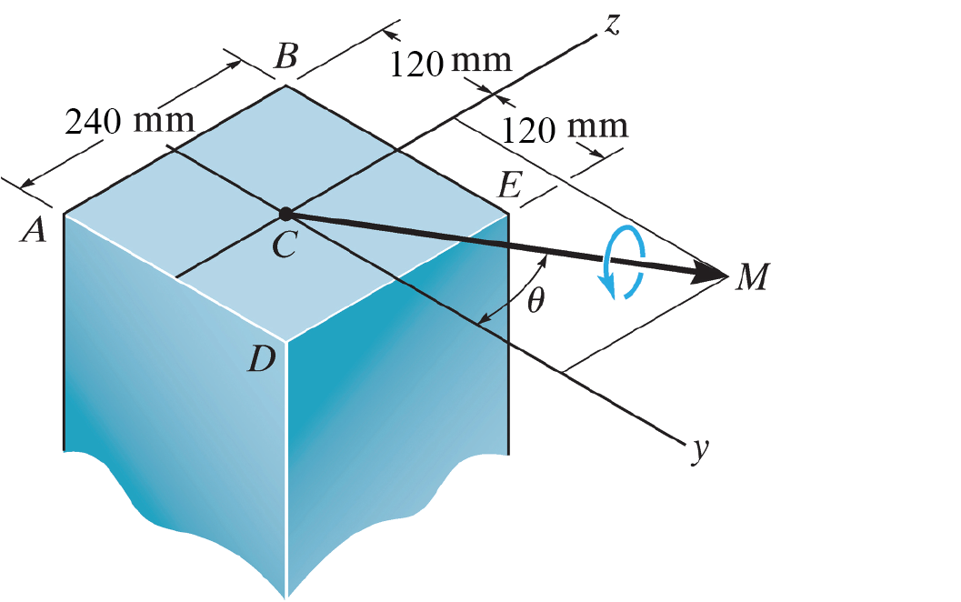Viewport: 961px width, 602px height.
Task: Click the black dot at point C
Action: point(285,214)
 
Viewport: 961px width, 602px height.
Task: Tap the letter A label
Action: point(35,233)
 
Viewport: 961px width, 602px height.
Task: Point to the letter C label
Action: point(284,245)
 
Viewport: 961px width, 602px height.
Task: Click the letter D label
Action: point(262,361)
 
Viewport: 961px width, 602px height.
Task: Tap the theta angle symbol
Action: point(536,301)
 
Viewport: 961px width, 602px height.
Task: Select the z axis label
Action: point(612,25)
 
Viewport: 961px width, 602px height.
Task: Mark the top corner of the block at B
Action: point(285,85)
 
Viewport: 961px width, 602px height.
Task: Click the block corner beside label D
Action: point(287,342)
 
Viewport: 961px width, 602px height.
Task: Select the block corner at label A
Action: point(64,214)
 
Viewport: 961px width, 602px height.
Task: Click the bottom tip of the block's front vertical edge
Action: point(287,596)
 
